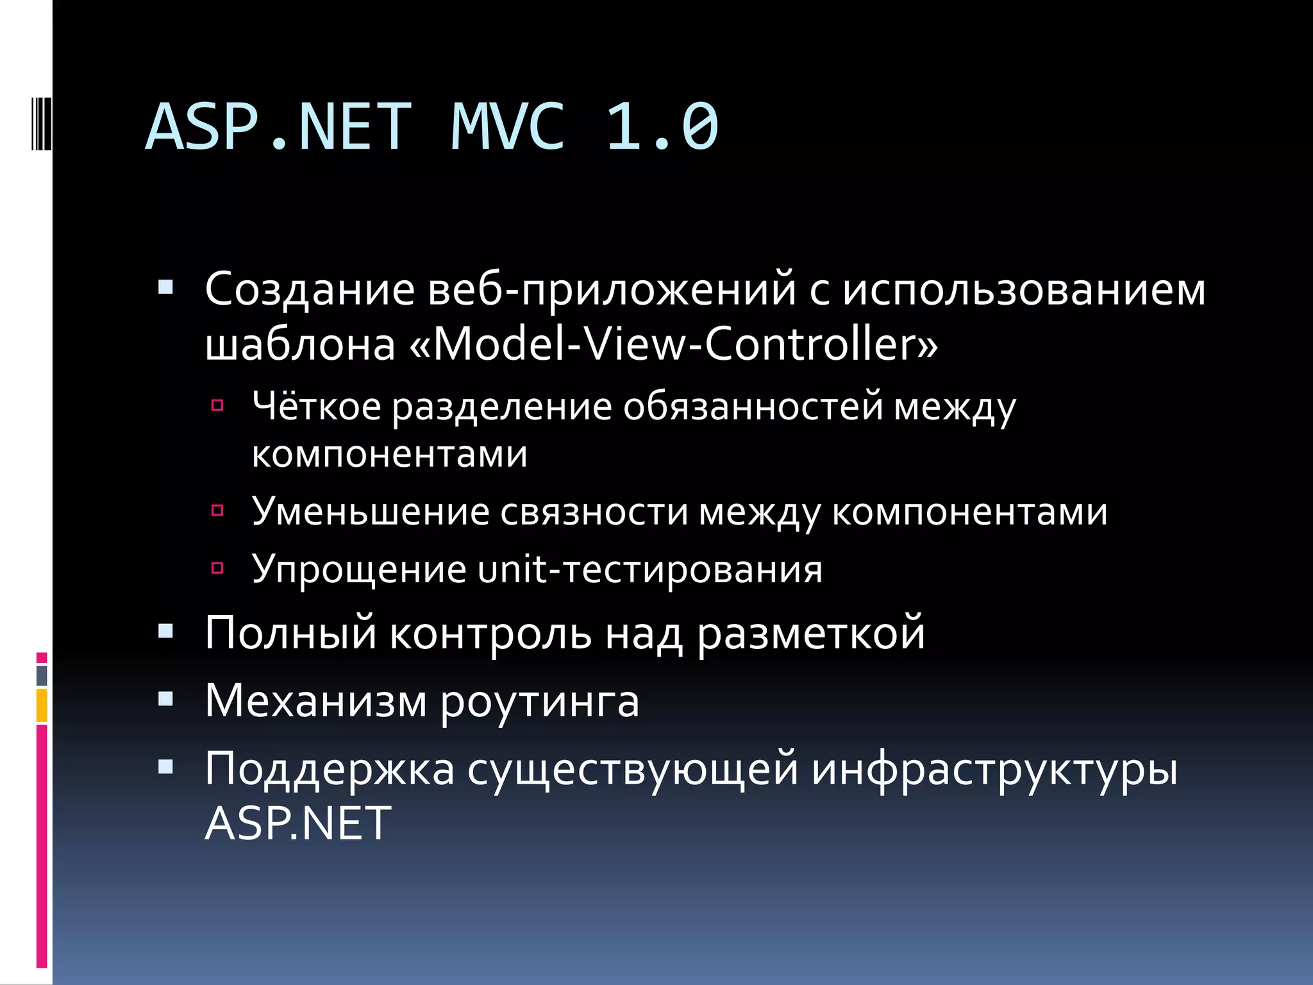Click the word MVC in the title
point(508,127)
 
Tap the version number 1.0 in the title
point(662,127)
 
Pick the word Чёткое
point(317,407)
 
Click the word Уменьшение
point(371,512)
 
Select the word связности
point(594,512)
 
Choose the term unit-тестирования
point(650,569)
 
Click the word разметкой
point(811,634)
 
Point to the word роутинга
point(540,702)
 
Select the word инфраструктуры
point(994,770)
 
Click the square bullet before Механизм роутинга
point(166,699)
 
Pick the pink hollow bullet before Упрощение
point(217,568)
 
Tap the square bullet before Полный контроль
point(166,632)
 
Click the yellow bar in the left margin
point(42,705)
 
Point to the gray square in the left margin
point(42,675)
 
